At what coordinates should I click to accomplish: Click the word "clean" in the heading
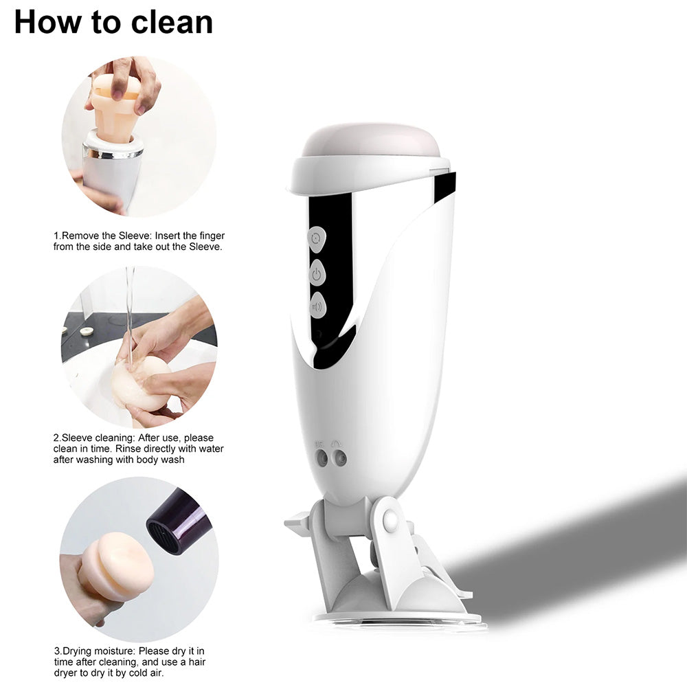(x=172, y=22)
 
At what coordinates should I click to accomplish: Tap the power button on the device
(x=317, y=274)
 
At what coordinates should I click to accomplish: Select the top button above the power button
(x=316, y=239)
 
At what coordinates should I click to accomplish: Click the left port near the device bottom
(x=322, y=459)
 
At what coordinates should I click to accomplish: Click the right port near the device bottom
(x=339, y=459)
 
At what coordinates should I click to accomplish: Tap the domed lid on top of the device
(x=371, y=142)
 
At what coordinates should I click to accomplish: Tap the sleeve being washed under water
(x=139, y=383)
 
